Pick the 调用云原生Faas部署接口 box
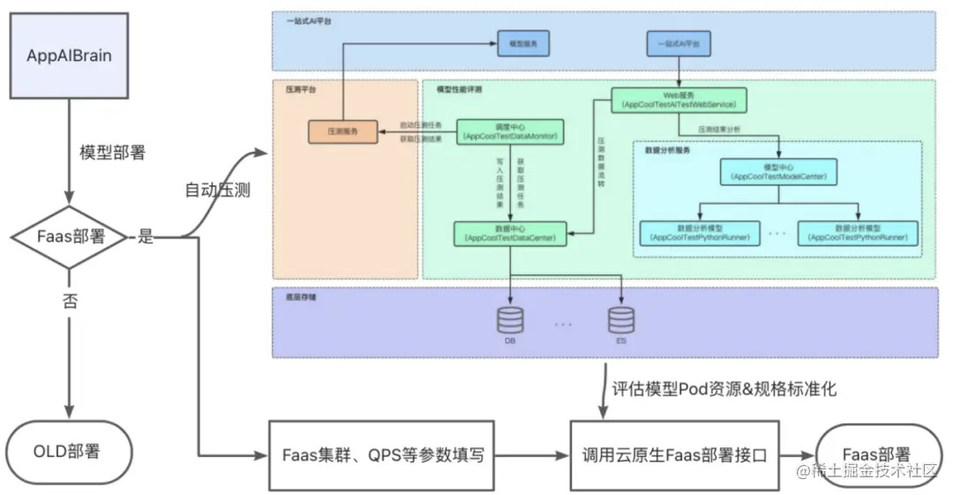(x=675, y=455)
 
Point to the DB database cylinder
(x=510, y=319)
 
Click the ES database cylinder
(x=621, y=319)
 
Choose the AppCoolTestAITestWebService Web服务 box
(x=679, y=99)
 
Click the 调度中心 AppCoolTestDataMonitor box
(x=512, y=131)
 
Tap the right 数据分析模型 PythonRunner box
(x=858, y=233)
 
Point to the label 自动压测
(x=217, y=190)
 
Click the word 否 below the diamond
(x=70, y=300)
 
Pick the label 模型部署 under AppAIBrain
(x=113, y=152)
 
